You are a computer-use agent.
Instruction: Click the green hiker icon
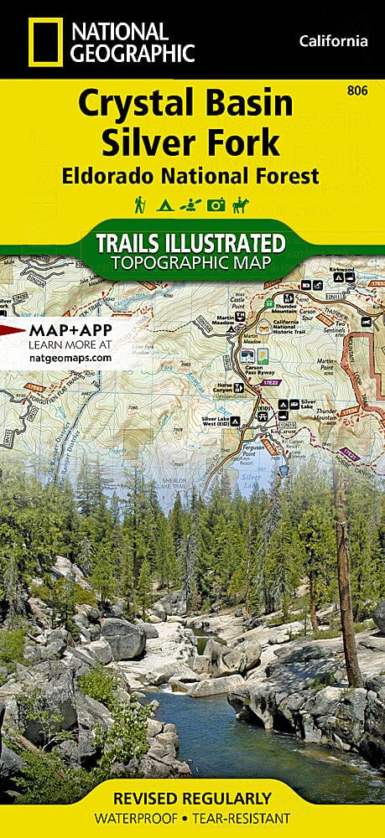[x=140, y=204]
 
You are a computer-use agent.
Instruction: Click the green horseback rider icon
[x=243, y=204]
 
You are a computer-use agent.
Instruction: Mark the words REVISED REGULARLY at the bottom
[x=192, y=797]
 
